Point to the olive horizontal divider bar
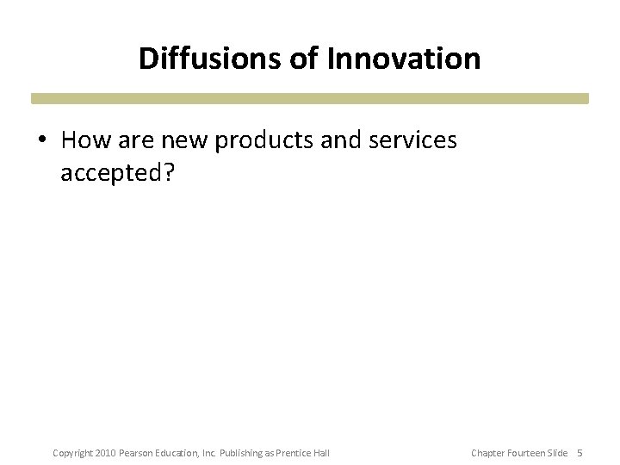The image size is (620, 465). click(310, 99)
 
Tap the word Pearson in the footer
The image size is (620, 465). click(138, 453)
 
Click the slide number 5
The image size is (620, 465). click(580, 453)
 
